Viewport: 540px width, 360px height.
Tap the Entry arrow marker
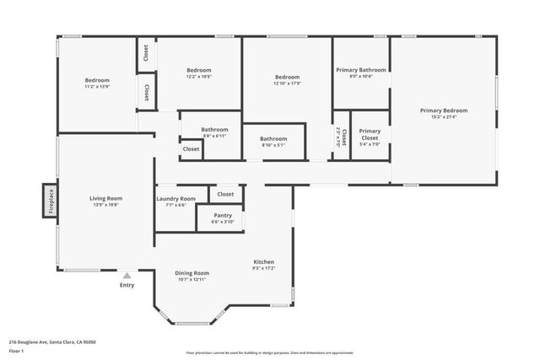pyautogui.click(x=127, y=275)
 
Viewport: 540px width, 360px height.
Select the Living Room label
pyautogui.click(x=105, y=199)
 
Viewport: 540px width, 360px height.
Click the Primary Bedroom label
pyautogui.click(x=444, y=110)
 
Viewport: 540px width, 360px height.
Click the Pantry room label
pyautogui.click(x=223, y=216)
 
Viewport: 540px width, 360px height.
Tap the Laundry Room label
pyautogui.click(x=175, y=199)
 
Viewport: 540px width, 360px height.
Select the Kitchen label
pyautogui.click(x=264, y=262)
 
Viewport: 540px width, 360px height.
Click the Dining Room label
pyautogui.click(x=192, y=273)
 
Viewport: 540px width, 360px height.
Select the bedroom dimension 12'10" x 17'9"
pyautogui.click(x=287, y=83)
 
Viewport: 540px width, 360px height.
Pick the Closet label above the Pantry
pyautogui.click(x=225, y=194)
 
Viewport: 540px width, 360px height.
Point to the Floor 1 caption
pyautogui.click(x=18, y=350)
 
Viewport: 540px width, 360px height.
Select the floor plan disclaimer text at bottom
pyautogui.click(x=270, y=352)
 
